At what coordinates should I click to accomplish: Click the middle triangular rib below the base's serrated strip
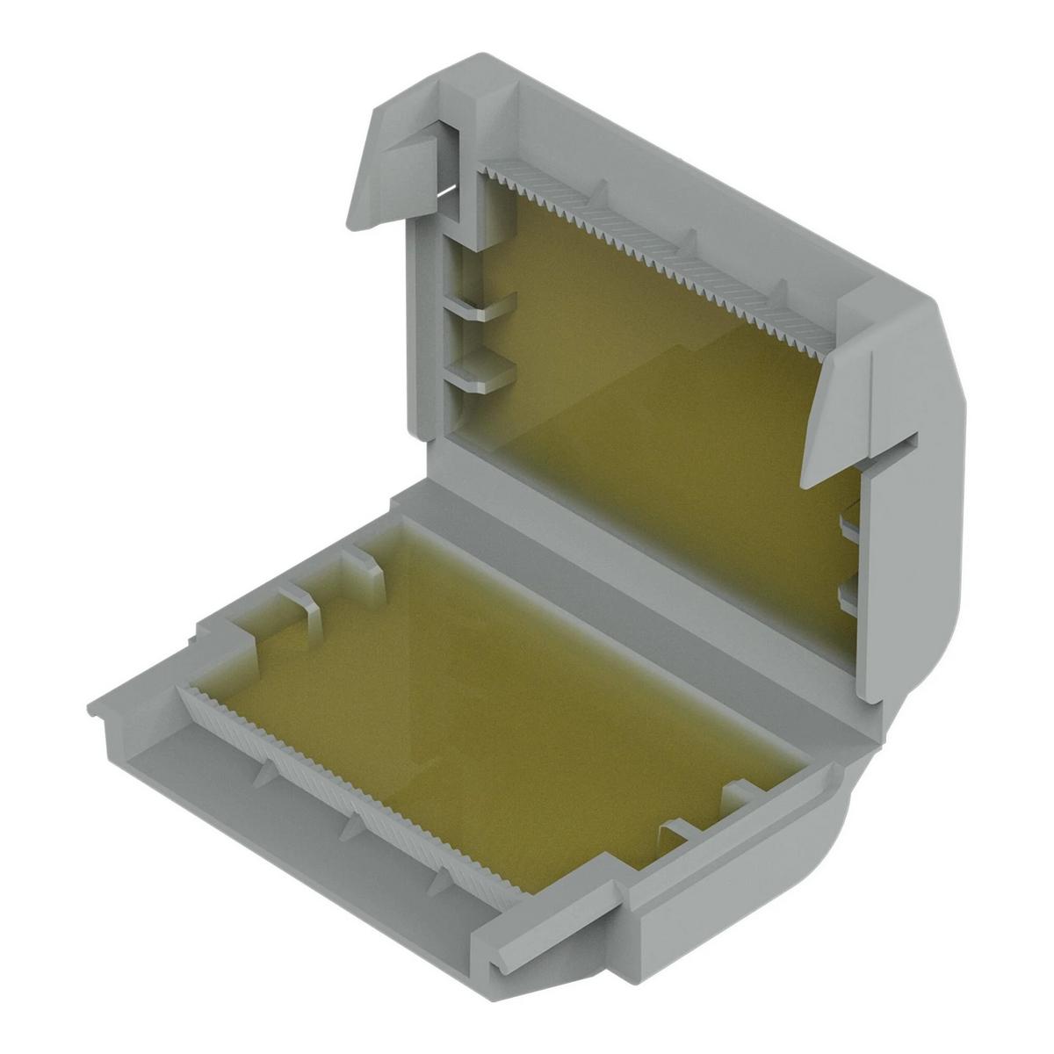point(356,821)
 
